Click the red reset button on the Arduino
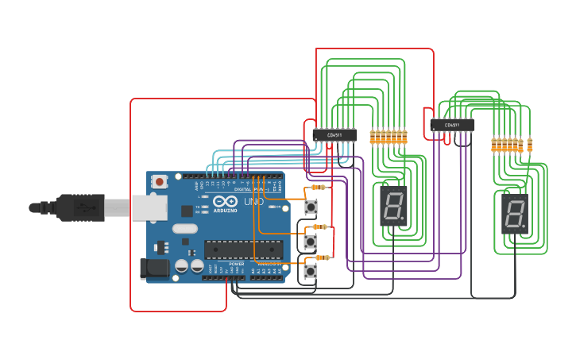pos(160,181)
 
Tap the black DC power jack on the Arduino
pos(154,269)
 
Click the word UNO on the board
pos(253,202)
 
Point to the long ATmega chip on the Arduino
pos(243,250)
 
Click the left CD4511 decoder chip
pos(334,135)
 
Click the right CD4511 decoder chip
pos(452,125)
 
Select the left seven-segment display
pos(392,206)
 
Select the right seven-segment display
pos(515,214)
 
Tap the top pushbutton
pos(311,207)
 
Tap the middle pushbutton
pos(311,241)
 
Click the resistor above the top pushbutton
pos(319,188)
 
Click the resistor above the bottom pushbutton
pos(322,257)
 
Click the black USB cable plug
pos(79,207)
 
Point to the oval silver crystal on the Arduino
pos(184,229)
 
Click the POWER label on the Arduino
pos(236,263)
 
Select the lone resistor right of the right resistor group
pos(530,145)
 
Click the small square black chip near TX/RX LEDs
pos(187,211)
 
